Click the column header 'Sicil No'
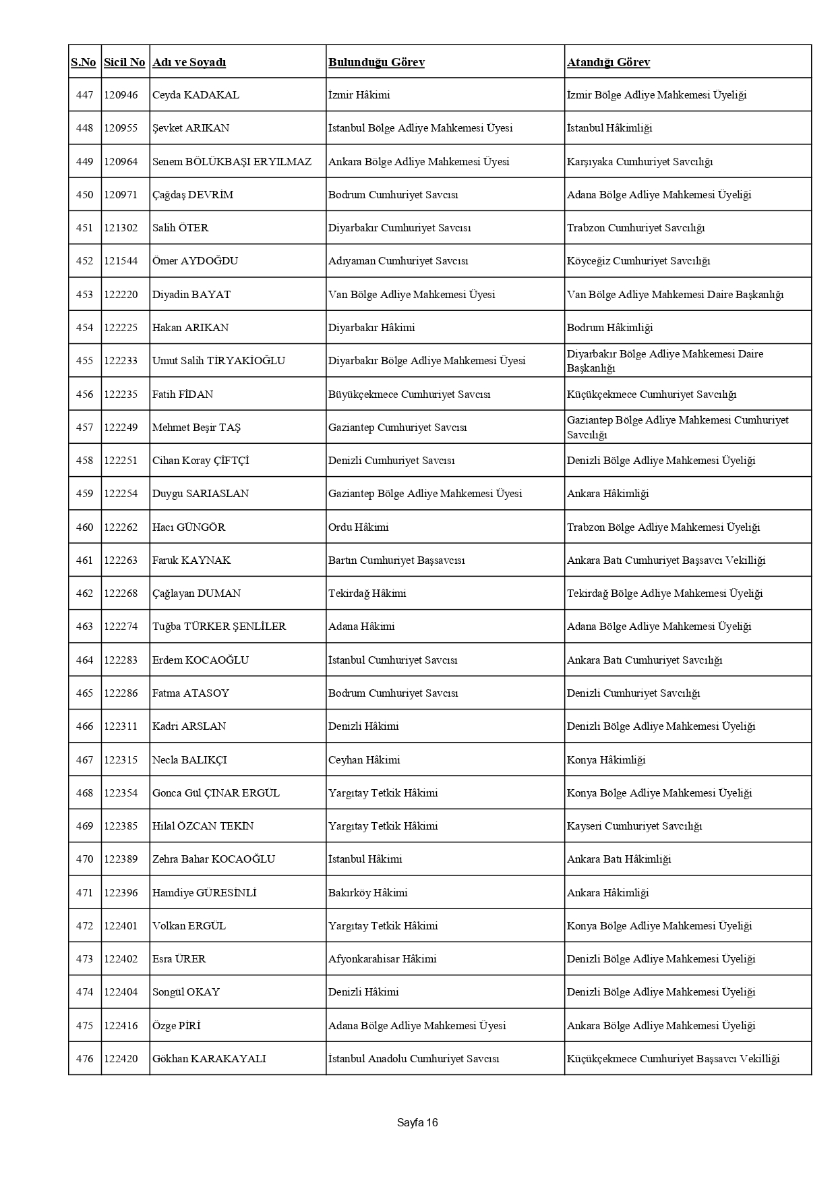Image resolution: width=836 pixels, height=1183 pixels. tap(124, 62)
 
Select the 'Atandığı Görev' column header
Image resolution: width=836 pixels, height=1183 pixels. tap(608, 62)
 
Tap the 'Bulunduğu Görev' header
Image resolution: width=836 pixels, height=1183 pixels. tap(376, 62)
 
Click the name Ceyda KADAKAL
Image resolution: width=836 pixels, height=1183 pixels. tap(196, 95)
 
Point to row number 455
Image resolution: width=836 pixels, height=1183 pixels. tap(84, 361)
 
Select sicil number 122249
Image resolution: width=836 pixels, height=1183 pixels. tap(121, 428)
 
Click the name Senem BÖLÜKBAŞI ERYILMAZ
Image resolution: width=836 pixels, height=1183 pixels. tap(232, 162)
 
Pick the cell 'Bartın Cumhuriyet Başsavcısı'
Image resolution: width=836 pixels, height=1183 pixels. tap(396, 560)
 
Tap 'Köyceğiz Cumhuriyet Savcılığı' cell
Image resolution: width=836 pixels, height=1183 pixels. tap(638, 261)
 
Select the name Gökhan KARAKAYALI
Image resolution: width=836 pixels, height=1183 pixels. tap(209, 1059)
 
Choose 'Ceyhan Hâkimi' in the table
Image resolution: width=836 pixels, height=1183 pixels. tap(364, 760)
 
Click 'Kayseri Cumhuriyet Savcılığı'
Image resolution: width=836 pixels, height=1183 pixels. tap(634, 826)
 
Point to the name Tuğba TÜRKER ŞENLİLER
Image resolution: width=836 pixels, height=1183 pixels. tap(219, 627)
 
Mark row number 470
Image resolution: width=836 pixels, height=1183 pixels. tap(84, 859)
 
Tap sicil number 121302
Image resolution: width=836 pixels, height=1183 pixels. tap(121, 228)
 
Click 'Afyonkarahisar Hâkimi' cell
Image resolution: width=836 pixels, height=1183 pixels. tap(382, 959)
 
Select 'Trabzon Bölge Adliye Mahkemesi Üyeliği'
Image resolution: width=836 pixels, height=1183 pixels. tap(663, 527)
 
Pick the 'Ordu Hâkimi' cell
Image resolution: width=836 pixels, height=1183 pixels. tap(359, 527)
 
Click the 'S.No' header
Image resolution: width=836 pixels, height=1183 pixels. tap(84, 62)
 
